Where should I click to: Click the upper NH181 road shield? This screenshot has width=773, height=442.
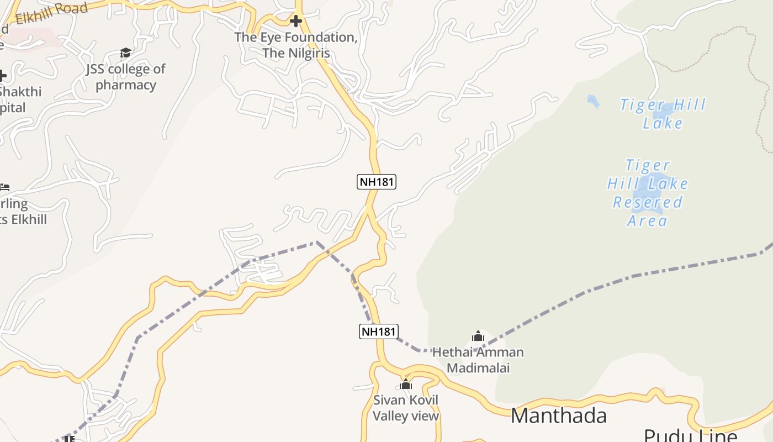pyautogui.click(x=377, y=181)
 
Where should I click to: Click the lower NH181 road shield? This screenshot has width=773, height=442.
pyautogui.click(x=379, y=331)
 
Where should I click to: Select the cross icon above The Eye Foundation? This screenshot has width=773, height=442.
pyautogui.click(x=296, y=22)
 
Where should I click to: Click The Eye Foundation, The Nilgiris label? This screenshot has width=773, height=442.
pyautogui.click(x=296, y=45)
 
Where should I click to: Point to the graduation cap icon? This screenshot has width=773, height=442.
pyautogui.click(x=126, y=53)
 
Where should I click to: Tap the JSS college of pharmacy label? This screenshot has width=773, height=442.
pyautogui.click(x=126, y=77)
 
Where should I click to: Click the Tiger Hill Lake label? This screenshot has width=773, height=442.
pyautogui.click(x=663, y=113)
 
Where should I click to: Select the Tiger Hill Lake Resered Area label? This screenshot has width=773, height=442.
pyautogui.click(x=648, y=193)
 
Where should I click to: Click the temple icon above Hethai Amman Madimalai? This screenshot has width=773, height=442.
pyautogui.click(x=478, y=336)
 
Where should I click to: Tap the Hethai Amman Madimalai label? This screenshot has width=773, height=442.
pyautogui.click(x=478, y=360)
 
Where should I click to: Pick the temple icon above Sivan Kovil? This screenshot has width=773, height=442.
pyautogui.click(x=406, y=384)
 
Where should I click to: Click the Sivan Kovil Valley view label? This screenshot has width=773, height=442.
pyautogui.click(x=406, y=408)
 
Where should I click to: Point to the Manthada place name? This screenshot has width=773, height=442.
pyautogui.click(x=559, y=415)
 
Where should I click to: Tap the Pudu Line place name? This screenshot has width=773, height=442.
pyautogui.click(x=690, y=435)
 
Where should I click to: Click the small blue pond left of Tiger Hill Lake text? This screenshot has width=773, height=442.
pyautogui.click(x=593, y=102)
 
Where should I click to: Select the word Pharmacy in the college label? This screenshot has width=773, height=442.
pyautogui.click(x=126, y=85)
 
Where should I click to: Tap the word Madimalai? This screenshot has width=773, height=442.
pyautogui.click(x=478, y=368)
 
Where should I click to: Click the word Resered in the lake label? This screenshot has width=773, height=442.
pyautogui.click(x=648, y=202)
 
